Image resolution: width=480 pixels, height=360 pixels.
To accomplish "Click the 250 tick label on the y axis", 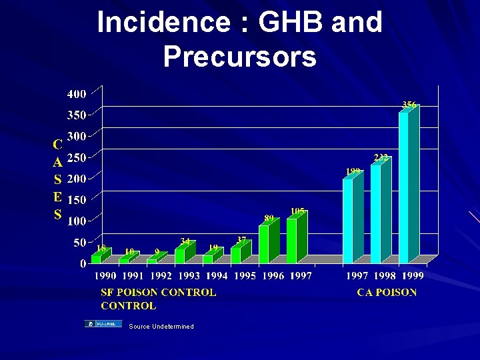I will click(77, 157).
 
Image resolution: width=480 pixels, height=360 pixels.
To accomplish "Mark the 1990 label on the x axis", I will click(105, 276).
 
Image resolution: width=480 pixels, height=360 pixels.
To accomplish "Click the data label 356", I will click(409, 105).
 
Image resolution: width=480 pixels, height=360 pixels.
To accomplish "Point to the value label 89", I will click(269, 218).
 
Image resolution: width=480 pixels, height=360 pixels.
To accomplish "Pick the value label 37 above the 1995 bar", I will click(242, 240).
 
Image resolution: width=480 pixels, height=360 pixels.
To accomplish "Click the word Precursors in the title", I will click(239, 57).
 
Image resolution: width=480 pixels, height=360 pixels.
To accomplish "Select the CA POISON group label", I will click(387, 292).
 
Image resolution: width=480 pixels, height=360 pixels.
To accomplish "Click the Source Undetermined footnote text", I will click(161, 327).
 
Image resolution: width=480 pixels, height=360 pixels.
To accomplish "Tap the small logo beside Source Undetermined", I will click(103, 324).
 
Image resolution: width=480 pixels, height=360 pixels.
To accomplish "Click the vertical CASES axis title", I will click(58, 179).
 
